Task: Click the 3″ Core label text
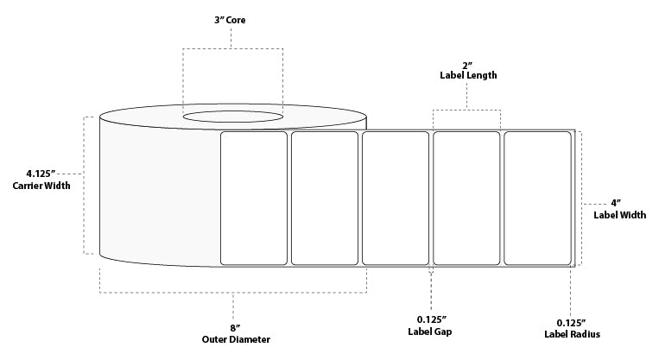point(230,20)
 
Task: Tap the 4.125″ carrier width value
point(41,174)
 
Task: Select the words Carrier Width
point(41,186)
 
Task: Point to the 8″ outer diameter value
point(235,327)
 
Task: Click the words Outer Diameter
point(236,339)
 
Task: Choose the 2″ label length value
point(467,66)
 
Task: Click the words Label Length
point(468,75)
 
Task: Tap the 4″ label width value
point(616,204)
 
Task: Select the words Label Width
point(619,215)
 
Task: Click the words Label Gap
point(430,332)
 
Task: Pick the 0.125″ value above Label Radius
point(572,323)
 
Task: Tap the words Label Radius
point(572,334)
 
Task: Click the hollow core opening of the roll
point(233,117)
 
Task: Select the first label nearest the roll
point(254,199)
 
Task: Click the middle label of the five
point(396,199)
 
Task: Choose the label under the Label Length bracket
point(466,199)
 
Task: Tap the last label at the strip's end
point(537,199)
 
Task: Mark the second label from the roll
point(325,199)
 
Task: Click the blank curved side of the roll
point(160,193)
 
